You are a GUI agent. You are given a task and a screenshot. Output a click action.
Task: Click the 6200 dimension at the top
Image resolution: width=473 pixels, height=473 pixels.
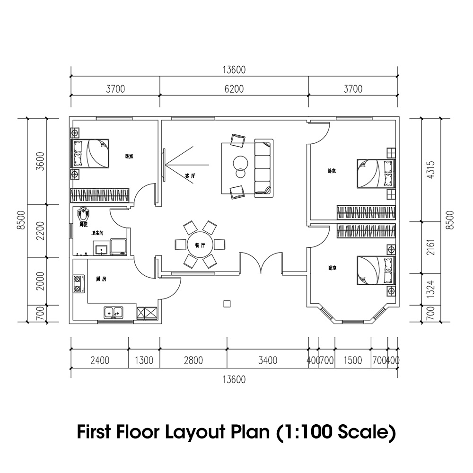pos(234,89)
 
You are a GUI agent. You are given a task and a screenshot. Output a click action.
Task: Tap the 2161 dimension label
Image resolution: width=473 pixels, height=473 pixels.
pos(430,247)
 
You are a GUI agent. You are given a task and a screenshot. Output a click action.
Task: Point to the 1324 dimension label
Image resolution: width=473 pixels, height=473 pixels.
pos(430,289)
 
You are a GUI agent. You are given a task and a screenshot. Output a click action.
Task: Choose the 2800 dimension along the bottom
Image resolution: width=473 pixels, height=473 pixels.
pos(193,360)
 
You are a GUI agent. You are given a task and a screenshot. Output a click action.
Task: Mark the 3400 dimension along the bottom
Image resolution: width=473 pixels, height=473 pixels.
pos(267,360)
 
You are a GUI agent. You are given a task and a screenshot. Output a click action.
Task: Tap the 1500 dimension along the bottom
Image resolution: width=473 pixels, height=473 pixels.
pos(352,360)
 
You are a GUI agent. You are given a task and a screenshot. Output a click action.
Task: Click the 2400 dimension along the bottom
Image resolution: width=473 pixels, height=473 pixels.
pos(99,360)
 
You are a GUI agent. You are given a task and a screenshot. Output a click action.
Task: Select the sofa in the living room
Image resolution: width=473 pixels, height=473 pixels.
pos(264,167)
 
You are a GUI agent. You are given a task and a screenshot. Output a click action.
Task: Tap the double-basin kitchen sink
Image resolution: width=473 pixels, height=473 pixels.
pos(113,312)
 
